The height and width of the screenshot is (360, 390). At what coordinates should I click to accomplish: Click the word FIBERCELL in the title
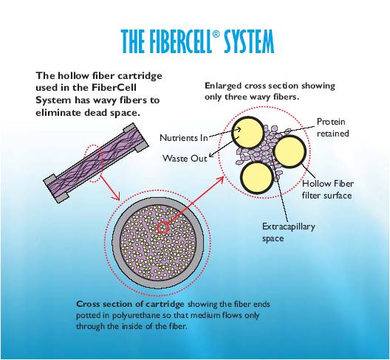[x=177, y=41]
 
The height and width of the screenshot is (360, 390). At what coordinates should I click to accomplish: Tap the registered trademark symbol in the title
[x=216, y=34]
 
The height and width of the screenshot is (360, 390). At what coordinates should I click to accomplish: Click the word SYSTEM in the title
[x=249, y=41]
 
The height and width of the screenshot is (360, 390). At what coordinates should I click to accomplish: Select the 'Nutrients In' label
[x=184, y=138]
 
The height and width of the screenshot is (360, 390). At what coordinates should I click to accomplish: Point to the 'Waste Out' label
[x=185, y=159]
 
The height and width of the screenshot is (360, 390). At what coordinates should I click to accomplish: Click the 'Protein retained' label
[x=333, y=128]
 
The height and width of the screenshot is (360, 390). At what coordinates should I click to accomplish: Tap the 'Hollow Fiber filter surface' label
[x=327, y=190]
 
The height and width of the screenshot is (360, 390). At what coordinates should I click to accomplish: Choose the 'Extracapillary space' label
[x=289, y=232]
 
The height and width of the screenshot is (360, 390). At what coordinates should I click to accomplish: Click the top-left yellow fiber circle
[x=247, y=133]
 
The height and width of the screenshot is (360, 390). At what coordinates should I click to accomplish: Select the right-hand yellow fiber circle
[x=290, y=151]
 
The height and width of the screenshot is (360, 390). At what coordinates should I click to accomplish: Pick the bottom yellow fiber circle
[x=258, y=177]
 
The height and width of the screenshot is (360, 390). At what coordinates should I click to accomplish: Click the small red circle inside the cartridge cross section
[x=162, y=228]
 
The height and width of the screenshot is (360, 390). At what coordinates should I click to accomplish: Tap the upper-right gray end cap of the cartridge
[x=137, y=137]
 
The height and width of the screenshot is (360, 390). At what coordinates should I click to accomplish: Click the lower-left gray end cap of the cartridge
[x=56, y=189]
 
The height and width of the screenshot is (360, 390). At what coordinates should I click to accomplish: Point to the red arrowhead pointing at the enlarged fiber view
[x=221, y=180]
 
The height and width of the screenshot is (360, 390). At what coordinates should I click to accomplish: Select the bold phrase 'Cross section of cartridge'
[x=130, y=304]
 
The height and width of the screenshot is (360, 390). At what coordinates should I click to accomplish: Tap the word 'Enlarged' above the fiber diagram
[x=223, y=86]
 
